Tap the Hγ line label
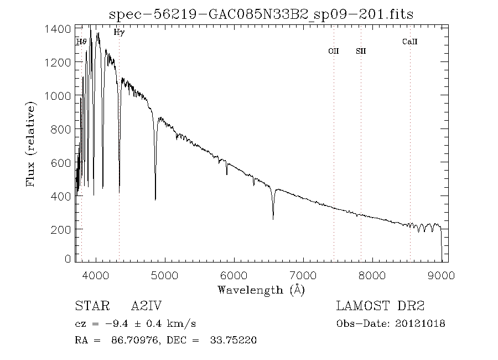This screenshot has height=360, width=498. (x=119, y=33)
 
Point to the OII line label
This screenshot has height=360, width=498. (x=333, y=51)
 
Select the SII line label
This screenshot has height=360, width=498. (x=361, y=51)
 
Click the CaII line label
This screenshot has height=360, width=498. (x=409, y=42)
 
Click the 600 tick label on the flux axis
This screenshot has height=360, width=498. (x=60, y=162)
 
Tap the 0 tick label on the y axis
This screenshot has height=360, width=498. (x=68, y=259)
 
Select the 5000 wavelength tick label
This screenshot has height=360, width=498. (x=165, y=275)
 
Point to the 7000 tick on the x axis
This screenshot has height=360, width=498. (x=303, y=275)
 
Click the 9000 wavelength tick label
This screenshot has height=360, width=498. (x=442, y=275)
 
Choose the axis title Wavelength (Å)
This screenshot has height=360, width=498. (x=261, y=289)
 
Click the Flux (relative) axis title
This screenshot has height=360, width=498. (x=32, y=145)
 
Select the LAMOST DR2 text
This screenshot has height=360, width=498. (x=380, y=306)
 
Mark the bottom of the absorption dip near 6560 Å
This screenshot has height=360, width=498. (x=273, y=219)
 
